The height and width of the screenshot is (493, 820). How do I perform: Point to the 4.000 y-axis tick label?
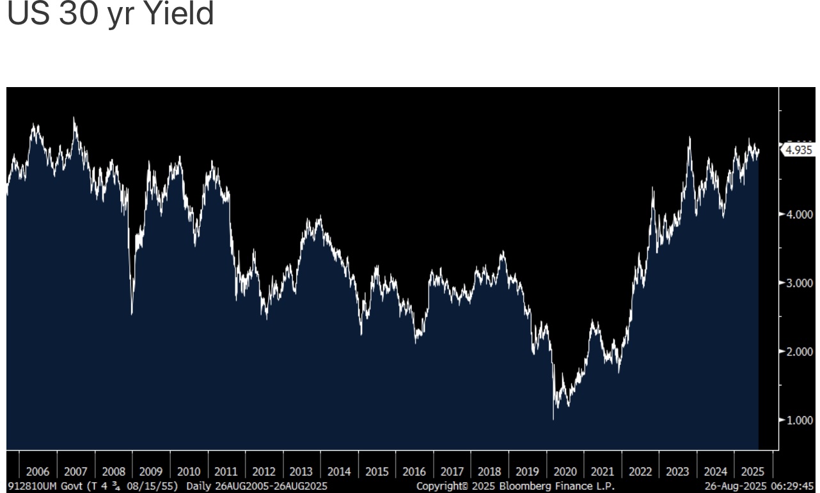coord(800,214)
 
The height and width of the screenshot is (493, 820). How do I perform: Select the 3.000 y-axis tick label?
coord(800,282)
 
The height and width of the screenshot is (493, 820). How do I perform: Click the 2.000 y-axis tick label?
coord(800,351)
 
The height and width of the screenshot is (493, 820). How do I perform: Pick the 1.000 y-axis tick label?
coord(800,419)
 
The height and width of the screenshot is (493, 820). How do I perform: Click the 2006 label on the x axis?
coord(38,472)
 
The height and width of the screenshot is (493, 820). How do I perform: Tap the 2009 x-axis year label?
coord(151,472)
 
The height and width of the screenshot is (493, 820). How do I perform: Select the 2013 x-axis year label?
coord(301,472)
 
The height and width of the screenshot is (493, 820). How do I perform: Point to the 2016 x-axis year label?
coord(414,472)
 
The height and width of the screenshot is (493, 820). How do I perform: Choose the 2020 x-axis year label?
coord(565,472)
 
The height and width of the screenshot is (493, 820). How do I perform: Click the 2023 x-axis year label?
coord(677,472)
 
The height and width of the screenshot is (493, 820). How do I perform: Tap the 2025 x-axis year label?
coord(753,472)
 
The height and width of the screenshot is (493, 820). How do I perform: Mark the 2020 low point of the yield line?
coord(553,419)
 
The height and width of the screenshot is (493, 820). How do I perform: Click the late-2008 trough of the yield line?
coord(132,313)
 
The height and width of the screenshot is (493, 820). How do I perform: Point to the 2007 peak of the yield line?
coord(74,118)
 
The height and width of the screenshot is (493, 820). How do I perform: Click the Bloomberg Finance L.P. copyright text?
coord(516,487)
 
